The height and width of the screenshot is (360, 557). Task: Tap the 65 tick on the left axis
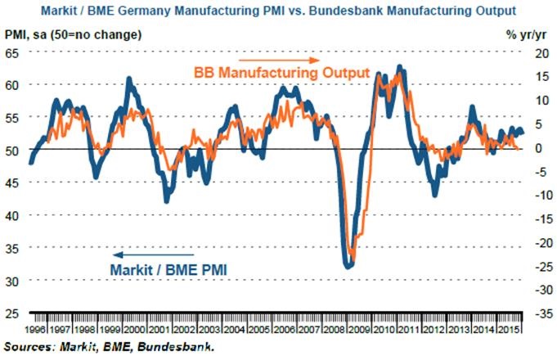13,52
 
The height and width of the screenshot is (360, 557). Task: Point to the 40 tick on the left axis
13,215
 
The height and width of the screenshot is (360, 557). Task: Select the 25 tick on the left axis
13,313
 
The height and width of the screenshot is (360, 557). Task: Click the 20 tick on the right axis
537,52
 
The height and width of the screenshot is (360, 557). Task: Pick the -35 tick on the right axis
537,313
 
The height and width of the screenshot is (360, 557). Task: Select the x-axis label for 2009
359,329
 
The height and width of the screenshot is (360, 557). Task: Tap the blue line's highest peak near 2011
399,66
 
